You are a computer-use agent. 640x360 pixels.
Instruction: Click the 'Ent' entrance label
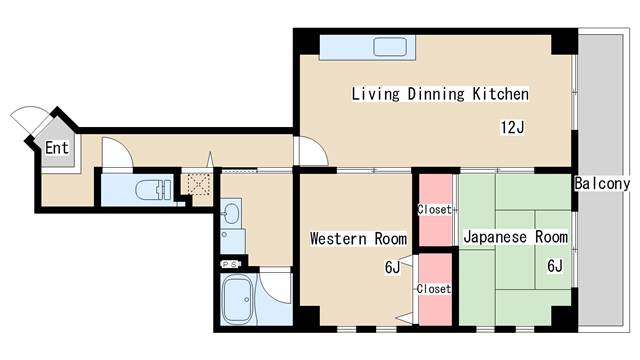(x=56, y=149)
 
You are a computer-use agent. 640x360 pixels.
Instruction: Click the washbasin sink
(x=232, y=214)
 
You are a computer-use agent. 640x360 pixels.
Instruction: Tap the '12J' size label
(x=513, y=127)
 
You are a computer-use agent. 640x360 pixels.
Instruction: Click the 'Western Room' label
(x=358, y=238)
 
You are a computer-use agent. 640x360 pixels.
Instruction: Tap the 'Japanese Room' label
(x=515, y=238)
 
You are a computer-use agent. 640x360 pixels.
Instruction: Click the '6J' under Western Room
(x=392, y=267)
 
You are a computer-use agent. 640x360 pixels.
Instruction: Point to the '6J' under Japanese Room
(x=554, y=267)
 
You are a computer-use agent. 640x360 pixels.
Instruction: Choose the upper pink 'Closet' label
(x=434, y=210)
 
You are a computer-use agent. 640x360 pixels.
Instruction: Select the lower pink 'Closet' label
(x=434, y=288)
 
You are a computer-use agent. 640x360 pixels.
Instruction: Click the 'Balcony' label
(x=602, y=184)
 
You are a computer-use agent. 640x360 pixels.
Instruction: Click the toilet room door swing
(x=116, y=153)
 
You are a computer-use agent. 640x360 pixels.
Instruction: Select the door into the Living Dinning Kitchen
(x=313, y=151)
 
